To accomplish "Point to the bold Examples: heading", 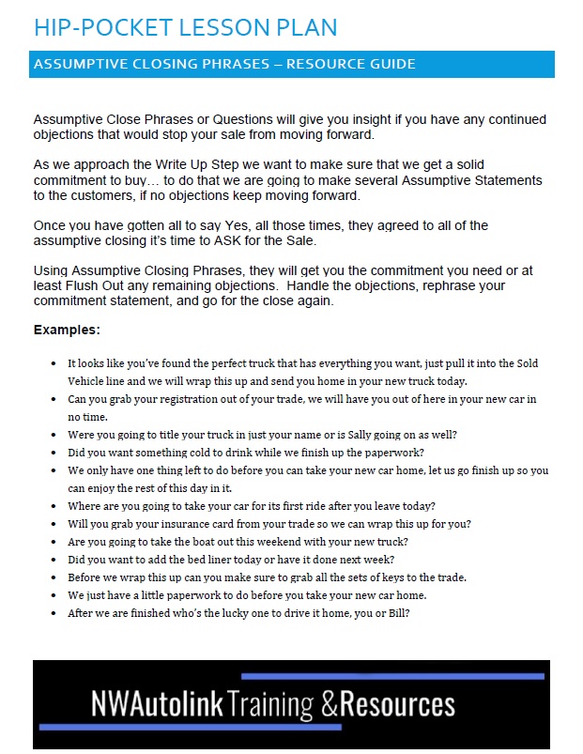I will tap(67, 331).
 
